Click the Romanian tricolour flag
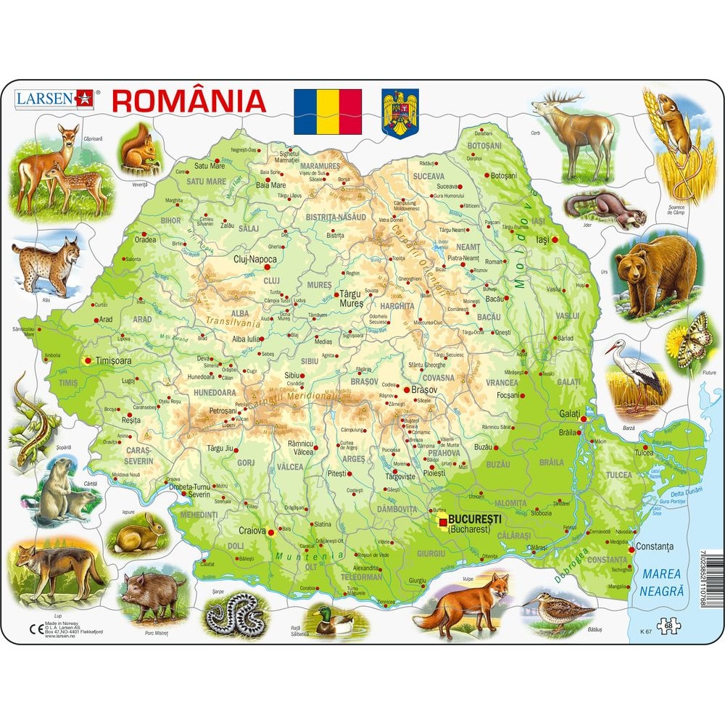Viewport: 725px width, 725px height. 327,111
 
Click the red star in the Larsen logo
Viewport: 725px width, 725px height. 86,99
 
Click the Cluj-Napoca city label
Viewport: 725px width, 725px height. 254,259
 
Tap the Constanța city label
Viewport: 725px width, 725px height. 655,546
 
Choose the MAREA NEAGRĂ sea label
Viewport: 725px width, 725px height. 663,583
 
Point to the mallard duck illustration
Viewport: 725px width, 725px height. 333,620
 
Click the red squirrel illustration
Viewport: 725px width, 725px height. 141,151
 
